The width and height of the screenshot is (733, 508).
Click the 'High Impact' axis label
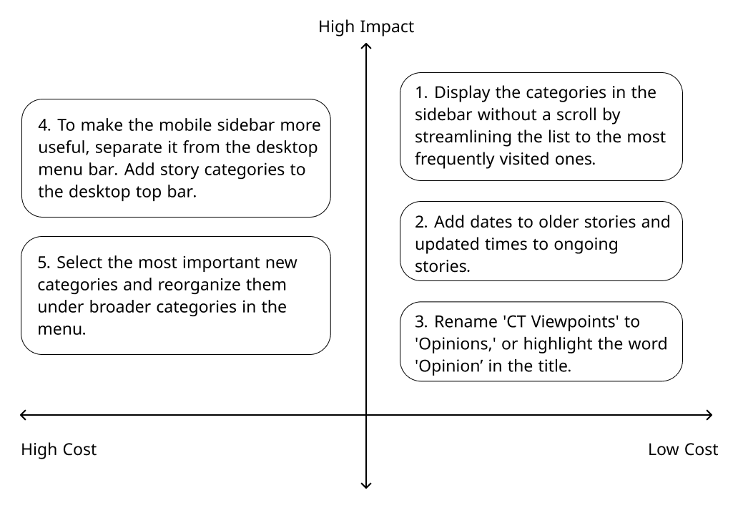pyautogui.click(x=365, y=27)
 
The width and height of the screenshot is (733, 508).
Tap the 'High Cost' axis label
pyautogui.click(x=59, y=450)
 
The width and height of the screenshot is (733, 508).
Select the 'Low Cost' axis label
pyautogui.click(x=682, y=450)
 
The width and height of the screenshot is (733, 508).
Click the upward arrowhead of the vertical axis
pyautogui.click(x=366, y=47)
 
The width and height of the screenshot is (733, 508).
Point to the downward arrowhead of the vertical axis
pyautogui.click(x=366, y=484)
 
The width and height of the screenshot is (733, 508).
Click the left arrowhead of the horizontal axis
pyautogui.click(x=24, y=415)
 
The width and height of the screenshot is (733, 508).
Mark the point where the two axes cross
pyautogui.click(x=366, y=415)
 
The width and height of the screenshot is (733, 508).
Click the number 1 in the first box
pyautogui.click(x=420, y=93)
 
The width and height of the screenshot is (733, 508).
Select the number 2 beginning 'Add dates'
pyautogui.click(x=420, y=222)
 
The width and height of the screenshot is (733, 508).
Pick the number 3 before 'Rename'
pyautogui.click(x=420, y=322)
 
